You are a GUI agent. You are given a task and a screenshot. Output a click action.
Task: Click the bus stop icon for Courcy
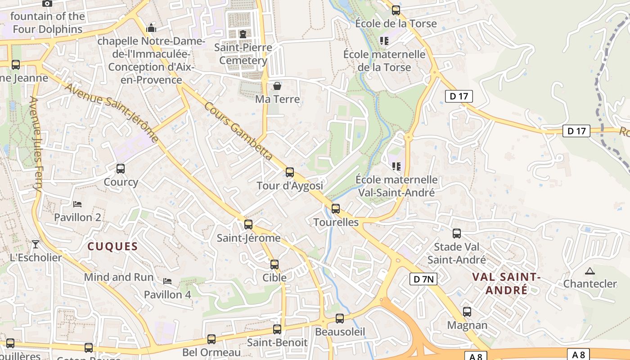point(121,169)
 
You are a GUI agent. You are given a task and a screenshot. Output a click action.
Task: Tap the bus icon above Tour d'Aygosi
point(290,172)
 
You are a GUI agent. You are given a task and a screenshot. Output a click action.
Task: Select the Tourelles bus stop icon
point(335,208)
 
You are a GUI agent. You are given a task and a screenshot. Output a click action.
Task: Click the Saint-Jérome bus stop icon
point(248,224)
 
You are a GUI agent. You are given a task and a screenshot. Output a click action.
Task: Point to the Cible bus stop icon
point(274,264)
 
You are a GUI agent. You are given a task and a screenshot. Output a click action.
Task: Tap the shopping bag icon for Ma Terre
point(277,85)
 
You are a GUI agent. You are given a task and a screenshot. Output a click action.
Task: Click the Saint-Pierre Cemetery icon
point(243,34)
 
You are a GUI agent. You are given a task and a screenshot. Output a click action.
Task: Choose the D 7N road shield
point(423,279)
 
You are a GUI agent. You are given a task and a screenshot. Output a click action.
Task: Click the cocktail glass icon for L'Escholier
point(36,244)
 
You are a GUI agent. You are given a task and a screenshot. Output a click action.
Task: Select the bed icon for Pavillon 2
point(77,204)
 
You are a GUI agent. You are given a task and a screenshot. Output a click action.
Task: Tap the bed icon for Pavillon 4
point(167,281)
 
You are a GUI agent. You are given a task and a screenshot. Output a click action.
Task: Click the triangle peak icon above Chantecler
point(589,271)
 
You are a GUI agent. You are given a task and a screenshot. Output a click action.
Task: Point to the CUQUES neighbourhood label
point(112,246)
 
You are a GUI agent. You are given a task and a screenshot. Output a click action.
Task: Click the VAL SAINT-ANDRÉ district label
point(506,283)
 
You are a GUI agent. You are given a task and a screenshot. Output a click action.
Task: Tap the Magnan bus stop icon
point(467,311)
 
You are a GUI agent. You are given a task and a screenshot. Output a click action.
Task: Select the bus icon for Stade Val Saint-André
point(457,233)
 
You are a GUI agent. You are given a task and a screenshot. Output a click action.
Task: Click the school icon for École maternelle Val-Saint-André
point(396,166)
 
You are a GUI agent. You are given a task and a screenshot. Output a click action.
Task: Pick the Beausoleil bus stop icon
point(340,318)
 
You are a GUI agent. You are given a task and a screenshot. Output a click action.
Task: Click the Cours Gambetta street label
point(238,130)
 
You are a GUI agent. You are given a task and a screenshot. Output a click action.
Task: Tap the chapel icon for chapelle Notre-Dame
point(151,28)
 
